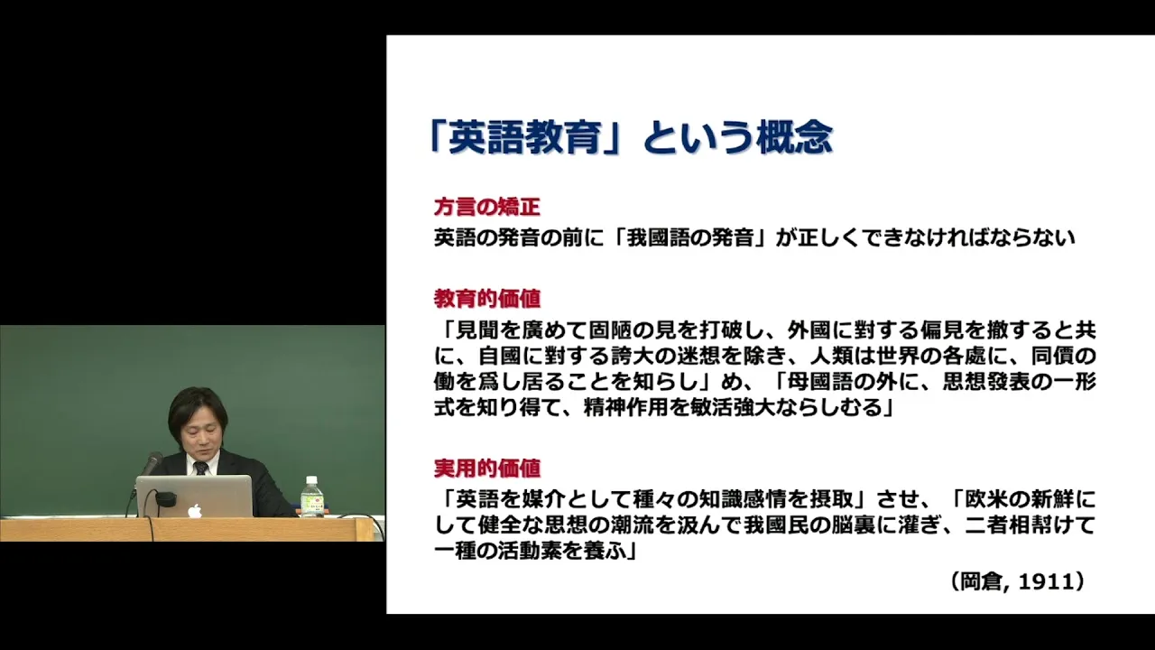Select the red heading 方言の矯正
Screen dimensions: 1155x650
(x=486, y=208)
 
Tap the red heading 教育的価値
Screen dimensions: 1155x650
(x=486, y=299)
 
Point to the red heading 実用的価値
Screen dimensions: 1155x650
(x=486, y=469)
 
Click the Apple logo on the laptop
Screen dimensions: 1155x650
(x=194, y=510)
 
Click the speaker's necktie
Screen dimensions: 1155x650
(x=200, y=469)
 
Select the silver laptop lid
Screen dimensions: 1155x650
(x=194, y=497)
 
